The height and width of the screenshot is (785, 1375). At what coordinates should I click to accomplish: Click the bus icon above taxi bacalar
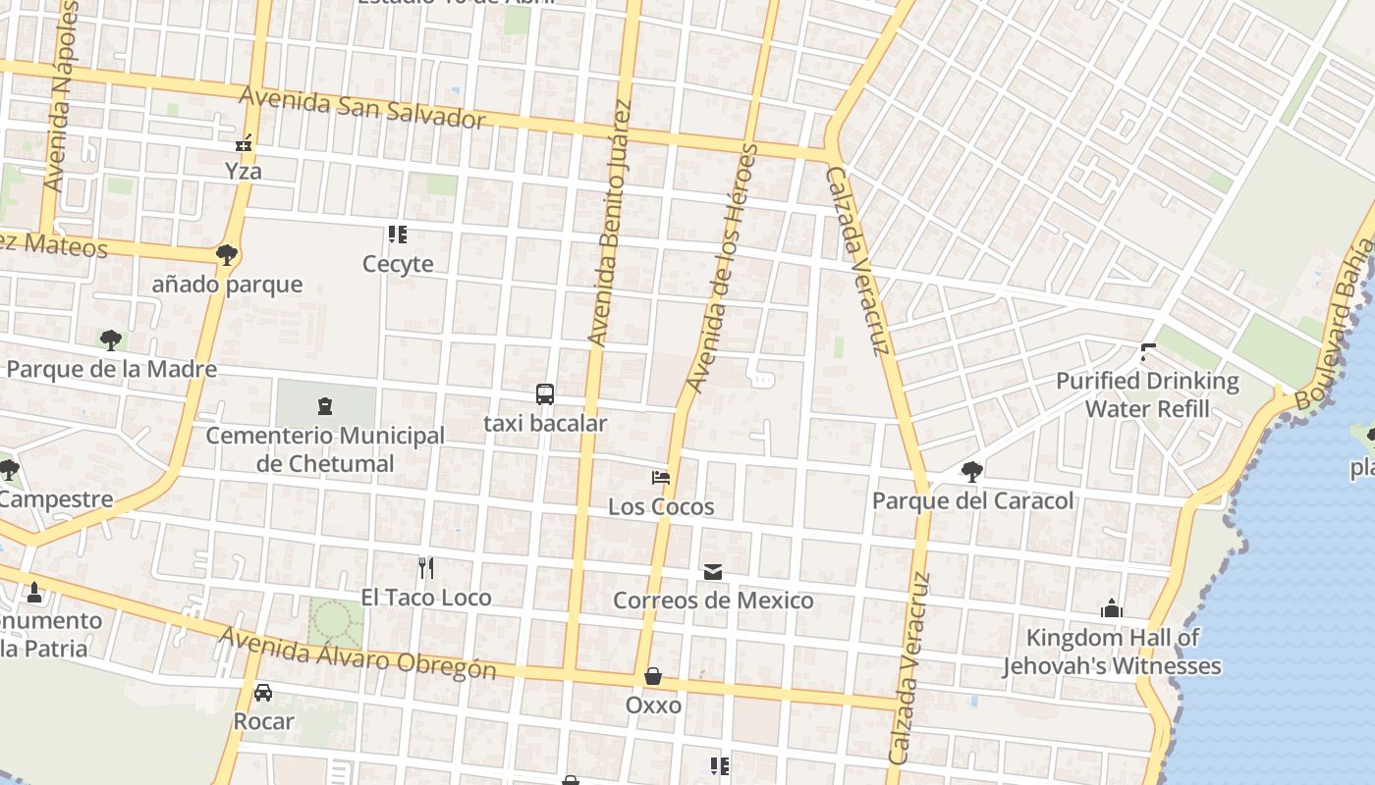[545, 394]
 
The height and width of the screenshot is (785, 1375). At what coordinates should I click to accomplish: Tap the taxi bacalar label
[545, 423]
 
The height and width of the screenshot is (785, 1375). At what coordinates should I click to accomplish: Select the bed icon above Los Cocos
[661, 478]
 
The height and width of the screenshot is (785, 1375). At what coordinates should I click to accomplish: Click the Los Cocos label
[661, 506]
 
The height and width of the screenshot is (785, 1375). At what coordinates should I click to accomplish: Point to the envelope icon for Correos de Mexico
[713, 571]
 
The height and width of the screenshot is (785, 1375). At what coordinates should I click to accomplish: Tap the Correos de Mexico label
[713, 600]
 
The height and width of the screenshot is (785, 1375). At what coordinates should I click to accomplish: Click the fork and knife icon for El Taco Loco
[426, 568]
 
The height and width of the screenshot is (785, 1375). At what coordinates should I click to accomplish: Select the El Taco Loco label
[426, 597]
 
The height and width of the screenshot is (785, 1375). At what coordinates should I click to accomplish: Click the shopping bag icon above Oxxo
[653, 677]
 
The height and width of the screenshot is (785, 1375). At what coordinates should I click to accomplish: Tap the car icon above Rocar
[263, 693]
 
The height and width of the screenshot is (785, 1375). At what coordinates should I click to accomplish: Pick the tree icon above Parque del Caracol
[972, 472]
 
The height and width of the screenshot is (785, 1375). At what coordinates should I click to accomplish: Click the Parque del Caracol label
[972, 500]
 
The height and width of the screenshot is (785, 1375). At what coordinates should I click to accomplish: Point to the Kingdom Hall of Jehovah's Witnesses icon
[1112, 608]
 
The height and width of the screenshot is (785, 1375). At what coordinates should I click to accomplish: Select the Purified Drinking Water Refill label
[1147, 393]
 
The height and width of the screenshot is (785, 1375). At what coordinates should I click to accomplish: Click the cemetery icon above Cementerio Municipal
[325, 405]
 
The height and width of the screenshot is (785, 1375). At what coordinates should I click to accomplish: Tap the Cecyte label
[398, 263]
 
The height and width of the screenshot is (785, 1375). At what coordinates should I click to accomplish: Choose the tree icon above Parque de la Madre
[111, 340]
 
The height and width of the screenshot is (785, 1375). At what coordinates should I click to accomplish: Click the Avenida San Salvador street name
[362, 108]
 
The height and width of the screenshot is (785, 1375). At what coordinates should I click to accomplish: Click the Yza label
[244, 171]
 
